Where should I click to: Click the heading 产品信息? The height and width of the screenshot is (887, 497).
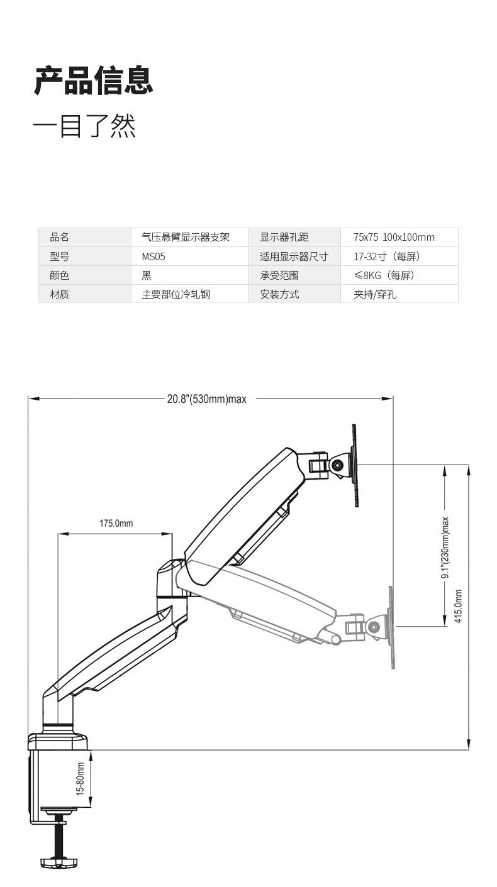pyautogui.click(x=93, y=80)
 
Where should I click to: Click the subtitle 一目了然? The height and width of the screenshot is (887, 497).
pyautogui.click(x=84, y=126)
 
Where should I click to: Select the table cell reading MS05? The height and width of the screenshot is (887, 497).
pyautogui.click(x=154, y=256)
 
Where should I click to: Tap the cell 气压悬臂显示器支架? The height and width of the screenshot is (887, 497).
pyautogui.click(x=186, y=237)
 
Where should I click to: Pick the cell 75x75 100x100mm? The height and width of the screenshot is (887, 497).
pyautogui.click(x=394, y=237)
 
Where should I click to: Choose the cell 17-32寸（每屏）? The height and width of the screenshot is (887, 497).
pyautogui.click(x=386, y=256)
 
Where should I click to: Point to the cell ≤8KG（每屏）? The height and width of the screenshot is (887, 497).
pyautogui.click(x=384, y=275)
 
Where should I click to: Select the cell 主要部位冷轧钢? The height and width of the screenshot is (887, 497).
pyautogui.click(x=176, y=294)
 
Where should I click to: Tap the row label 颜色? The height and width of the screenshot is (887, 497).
pyautogui.click(x=59, y=275)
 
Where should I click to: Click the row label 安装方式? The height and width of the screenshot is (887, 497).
pyautogui.click(x=279, y=294)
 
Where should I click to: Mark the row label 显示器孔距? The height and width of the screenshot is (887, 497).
pyautogui.click(x=284, y=237)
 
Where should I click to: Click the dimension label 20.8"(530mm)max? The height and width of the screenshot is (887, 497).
pyautogui.click(x=206, y=399)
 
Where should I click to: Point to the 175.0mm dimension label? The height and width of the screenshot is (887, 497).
pyautogui.click(x=116, y=523)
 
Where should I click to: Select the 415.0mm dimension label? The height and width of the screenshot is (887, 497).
pyautogui.click(x=459, y=606)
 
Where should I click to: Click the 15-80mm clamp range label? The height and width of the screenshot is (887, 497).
pyautogui.click(x=81, y=780)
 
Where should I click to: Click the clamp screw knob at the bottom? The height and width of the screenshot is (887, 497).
pyautogui.click(x=62, y=860)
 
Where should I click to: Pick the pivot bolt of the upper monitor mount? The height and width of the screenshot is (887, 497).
pyautogui.click(x=338, y=466)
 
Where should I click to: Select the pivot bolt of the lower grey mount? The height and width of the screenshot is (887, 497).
pyautogui.click(x=374, y=627)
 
